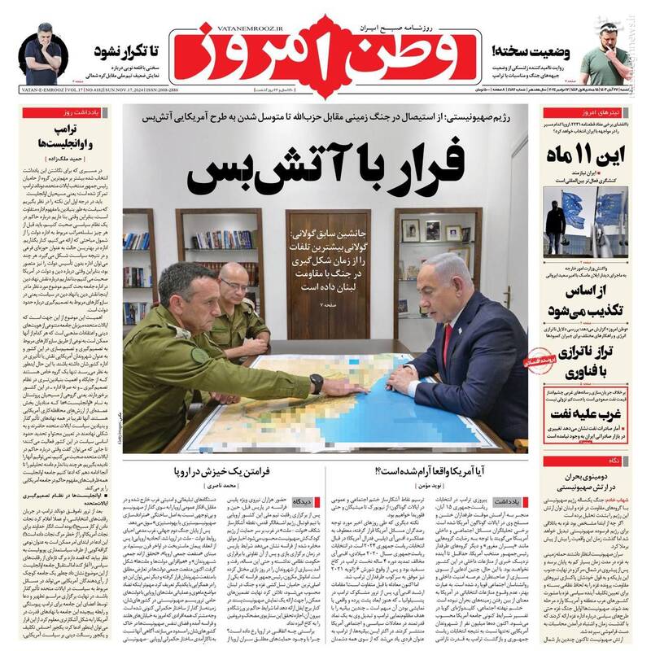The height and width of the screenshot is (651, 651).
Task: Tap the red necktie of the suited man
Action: (x=447, y=344)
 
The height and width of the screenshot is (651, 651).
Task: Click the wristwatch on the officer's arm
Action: (x=316, y=383)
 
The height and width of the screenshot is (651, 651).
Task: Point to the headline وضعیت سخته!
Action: (x=529, y=49)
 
